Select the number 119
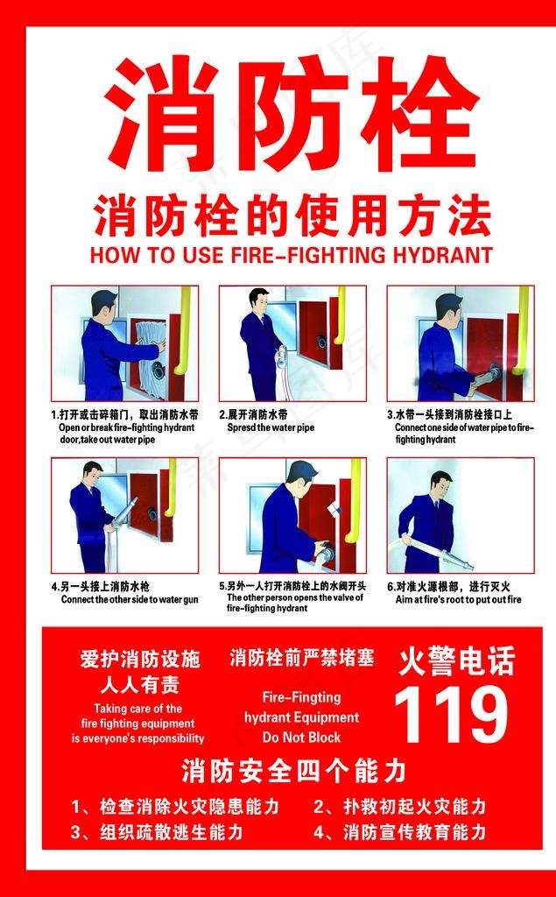(x=451, y=714)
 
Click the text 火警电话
(x=456, y=660)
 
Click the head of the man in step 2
(x=258, y=300)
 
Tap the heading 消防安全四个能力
(x=293, y=771)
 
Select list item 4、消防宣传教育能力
(x=399, y=831)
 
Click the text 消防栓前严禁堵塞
(x=301, y=658)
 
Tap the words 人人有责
(x=139, y=684)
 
